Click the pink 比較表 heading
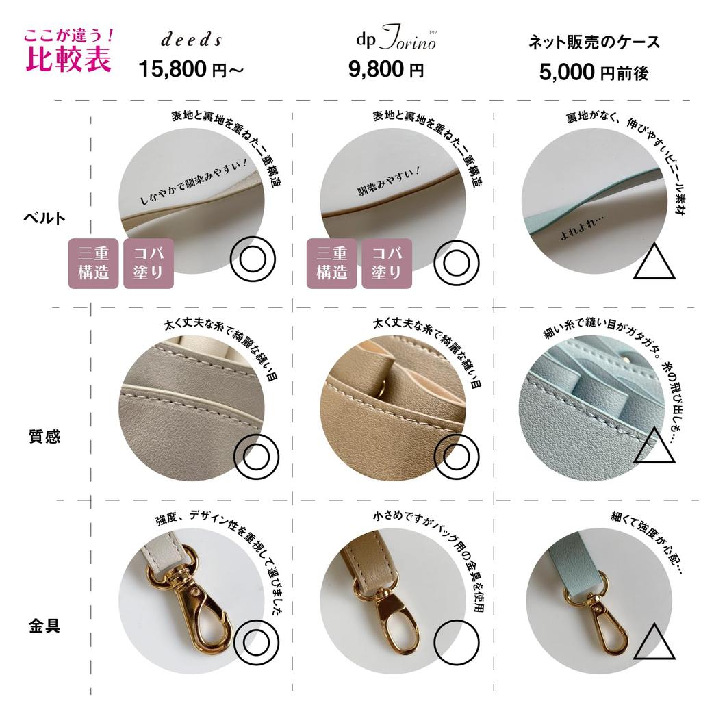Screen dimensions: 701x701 [x=68, y=60]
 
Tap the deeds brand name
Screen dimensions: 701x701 [x=192, y=40]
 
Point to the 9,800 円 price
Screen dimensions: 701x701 [x=386, y=69]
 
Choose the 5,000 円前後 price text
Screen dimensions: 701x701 [x=594, y=72]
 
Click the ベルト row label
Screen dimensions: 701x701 [x=45, y=218]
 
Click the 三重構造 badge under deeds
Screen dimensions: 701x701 [x=94, y=263]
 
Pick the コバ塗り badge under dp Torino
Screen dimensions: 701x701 [x=386, y=263]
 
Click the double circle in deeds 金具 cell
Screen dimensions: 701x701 [x=255, y=643]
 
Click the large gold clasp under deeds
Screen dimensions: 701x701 [x=194, y=602]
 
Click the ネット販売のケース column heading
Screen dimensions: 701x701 [x=594, y=42]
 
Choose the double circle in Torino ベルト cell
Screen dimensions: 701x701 [x=456, y=260]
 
